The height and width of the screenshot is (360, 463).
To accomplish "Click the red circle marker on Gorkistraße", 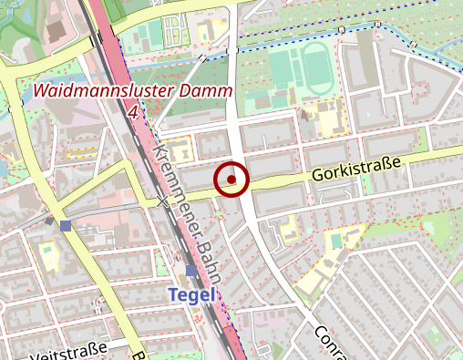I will click(x=231, y=180).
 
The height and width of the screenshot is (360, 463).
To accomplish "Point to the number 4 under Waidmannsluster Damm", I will click(x=134, y=111).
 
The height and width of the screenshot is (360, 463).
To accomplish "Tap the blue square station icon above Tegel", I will click(x=190, y=272).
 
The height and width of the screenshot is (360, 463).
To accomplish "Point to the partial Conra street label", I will click(x=326, y=341).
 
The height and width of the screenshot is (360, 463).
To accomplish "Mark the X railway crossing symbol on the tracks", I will click(x=163, y=201).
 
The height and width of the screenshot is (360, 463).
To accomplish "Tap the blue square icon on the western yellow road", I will click(x=66, y=225).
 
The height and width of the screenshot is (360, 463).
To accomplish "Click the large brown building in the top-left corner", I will click(x=53, y=32).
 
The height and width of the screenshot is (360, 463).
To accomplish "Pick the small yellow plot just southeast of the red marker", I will click(x=286, y=229).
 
